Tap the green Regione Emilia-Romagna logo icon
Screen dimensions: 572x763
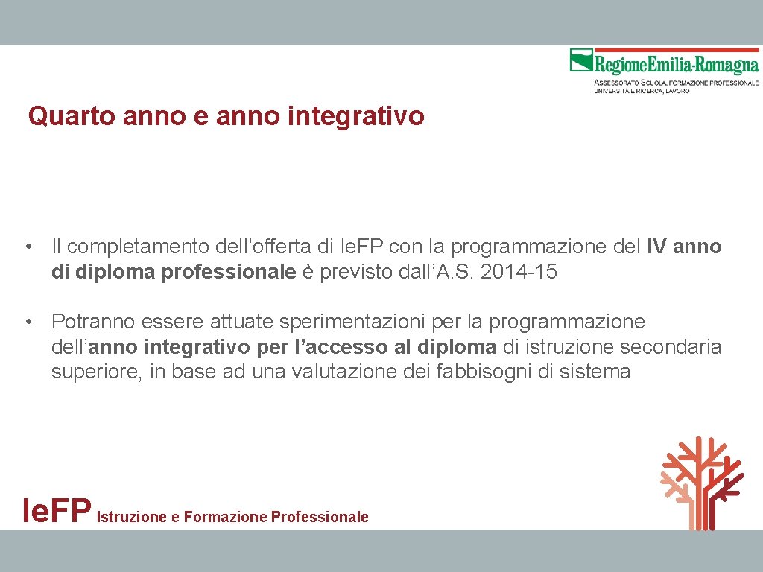[581, 60]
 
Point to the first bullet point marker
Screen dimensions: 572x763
[28, 247]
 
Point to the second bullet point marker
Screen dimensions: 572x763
[28, 322]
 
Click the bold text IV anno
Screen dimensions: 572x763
[684, 247]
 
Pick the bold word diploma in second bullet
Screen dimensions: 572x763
[457, 347]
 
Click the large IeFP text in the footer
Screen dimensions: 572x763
[57, 511]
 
